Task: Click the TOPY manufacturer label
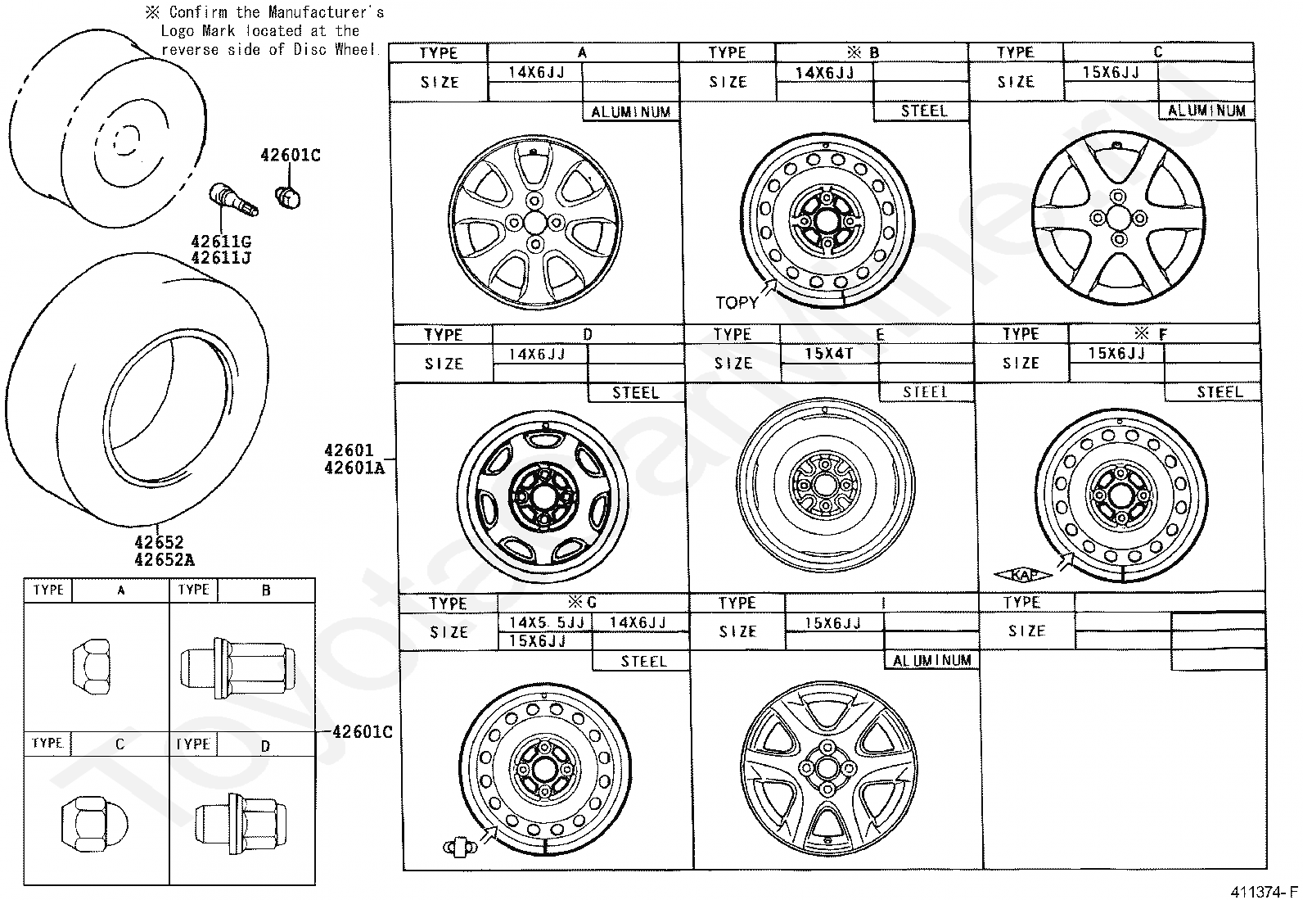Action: click(x=737, y=303)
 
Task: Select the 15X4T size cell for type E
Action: click(x=829, y=354)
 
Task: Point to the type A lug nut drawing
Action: click(x=91, y=667)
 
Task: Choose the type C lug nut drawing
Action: click(x=91, y=822)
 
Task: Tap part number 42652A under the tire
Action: click(x=165, y=560)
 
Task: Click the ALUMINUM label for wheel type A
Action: click(x=630, y=112)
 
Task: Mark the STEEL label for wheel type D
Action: click(x=635, y=393)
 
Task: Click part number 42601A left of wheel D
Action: click(x=354, y=468)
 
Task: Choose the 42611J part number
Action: click(x=221, y=259)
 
